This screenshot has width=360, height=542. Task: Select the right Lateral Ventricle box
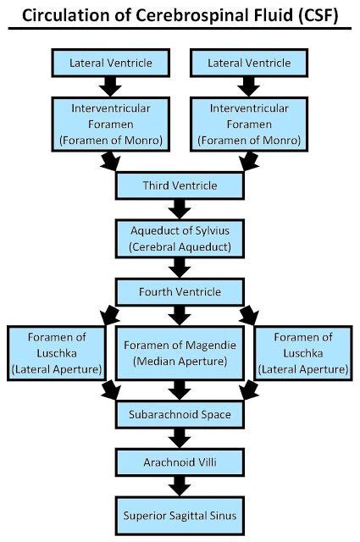click(249, 63)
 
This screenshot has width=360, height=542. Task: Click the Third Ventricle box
click(180, 185)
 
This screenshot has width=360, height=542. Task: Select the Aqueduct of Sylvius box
click(180, 238)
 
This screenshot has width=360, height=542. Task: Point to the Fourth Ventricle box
click(180, 292)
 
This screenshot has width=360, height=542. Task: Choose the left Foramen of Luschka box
click(56, 352)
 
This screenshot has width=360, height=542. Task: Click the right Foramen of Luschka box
click(303, 352)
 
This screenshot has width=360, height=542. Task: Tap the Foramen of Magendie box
click(180, 352)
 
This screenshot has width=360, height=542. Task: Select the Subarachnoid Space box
click(180, 414)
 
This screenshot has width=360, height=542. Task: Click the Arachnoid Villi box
click(180, 462)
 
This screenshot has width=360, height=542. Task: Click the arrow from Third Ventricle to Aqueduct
click(180, 209)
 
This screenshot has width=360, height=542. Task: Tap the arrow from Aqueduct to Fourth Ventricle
click(180, 268)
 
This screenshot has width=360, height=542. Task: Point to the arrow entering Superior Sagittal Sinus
click(180, 487)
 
